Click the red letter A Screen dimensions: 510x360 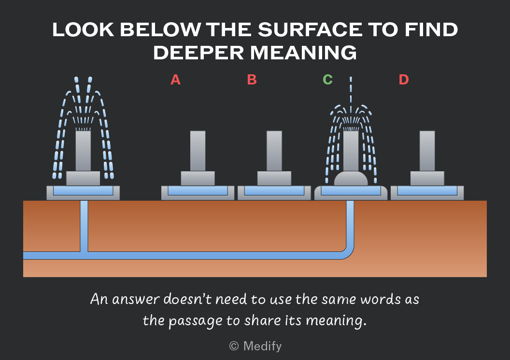click(175, 80)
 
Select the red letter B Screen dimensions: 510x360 click(252, 80)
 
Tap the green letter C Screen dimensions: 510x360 click(327, 80)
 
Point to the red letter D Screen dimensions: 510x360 click(404, 80)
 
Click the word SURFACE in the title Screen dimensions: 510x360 click(310, 30)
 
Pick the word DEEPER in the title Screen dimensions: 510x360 click(198, 53)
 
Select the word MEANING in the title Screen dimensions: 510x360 click(303, 53)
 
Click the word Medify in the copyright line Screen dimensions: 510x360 click(262, 346)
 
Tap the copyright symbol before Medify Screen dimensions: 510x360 click(234, 346)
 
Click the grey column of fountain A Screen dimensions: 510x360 click(198, 151)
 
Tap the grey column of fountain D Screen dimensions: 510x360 click(427, 151)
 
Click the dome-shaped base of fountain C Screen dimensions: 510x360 click(351, 179)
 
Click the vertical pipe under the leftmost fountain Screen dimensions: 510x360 click(84, 226)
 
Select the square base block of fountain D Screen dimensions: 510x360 click(427, 179)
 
